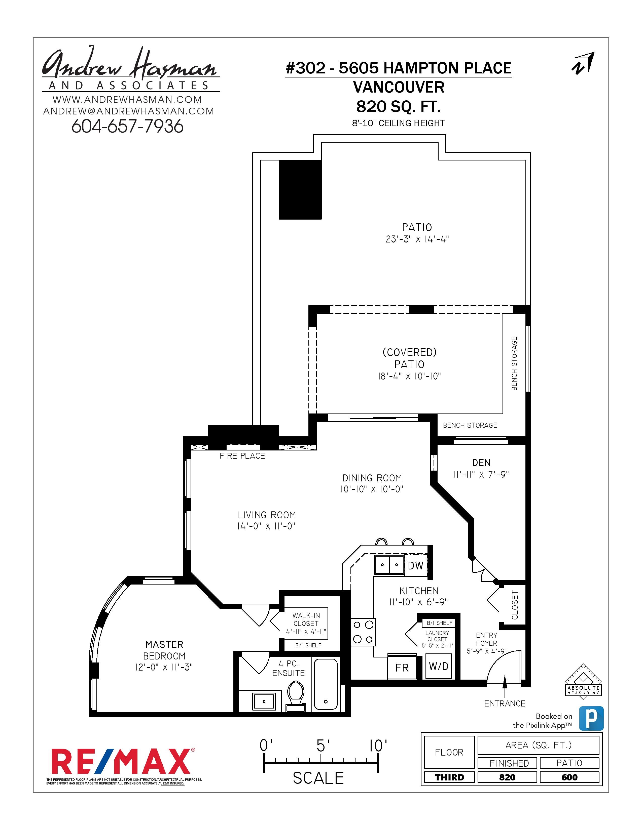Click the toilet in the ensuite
tap(296, 695)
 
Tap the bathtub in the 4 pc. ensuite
tap(325, 684)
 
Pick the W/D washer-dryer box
tap(439, 666)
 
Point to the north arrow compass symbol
tap(583, 63)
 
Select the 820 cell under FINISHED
tap(507, 777)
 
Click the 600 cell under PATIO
tap(569, 777)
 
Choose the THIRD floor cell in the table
tap(449, 777)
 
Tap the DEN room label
tap(481, 463)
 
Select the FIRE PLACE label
tap(242, 456)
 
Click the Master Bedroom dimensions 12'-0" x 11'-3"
tap(164, 667)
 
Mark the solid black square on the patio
tap(300, 189)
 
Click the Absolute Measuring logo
tap(583, 682)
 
